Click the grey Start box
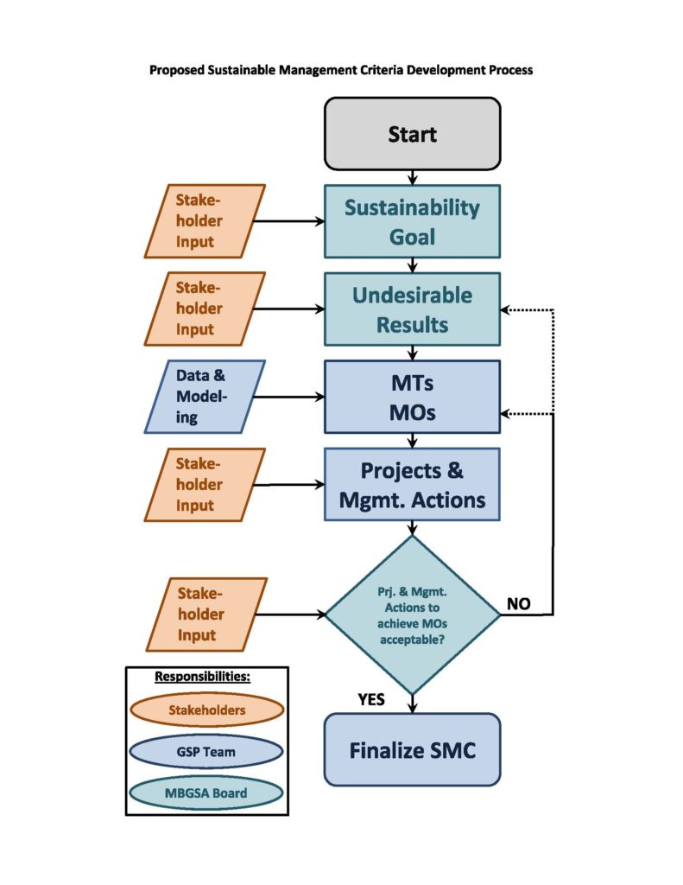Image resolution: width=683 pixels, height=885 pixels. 412,134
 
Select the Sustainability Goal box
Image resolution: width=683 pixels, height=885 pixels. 412,221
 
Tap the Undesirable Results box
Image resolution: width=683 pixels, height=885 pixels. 412,309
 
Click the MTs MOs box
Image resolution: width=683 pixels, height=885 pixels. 412,397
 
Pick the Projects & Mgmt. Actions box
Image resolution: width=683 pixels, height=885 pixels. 412,484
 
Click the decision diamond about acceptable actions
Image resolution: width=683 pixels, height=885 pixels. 412,614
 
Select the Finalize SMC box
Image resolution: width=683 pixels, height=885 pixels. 412,749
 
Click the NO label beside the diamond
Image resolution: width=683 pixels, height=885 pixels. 519,604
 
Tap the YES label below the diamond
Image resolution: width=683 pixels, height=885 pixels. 371,699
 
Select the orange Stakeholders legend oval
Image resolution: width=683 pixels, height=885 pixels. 206,710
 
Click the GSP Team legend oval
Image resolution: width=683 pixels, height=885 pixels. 206,751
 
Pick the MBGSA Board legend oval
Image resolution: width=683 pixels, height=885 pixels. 206,793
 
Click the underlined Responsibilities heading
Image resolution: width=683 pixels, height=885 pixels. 206,676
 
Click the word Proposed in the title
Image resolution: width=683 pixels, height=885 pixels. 178,70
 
